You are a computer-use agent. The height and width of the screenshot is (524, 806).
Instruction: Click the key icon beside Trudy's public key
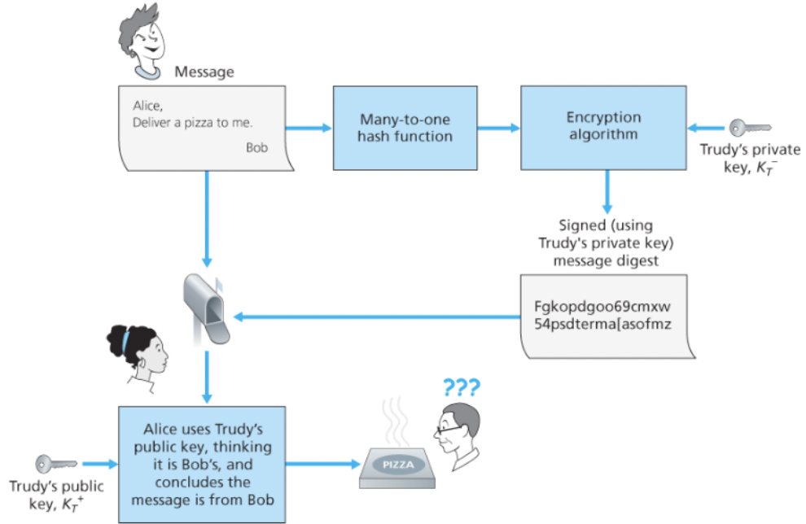tap(55, 464)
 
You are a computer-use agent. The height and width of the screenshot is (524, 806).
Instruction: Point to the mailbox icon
tap(206, 308)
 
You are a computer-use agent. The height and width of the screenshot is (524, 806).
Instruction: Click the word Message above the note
tap(204, 72)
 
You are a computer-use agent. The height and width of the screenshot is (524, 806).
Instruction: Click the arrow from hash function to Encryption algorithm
tap(498, 127)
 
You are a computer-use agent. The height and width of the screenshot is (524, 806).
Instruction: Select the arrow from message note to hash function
tap(309, 127)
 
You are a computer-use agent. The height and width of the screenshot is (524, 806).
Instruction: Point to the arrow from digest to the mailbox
tap(375, 317)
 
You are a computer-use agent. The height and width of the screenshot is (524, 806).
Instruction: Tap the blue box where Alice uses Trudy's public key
tap(203, 464)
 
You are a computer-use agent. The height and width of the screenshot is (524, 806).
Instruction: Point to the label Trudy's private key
tap(750, 157)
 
